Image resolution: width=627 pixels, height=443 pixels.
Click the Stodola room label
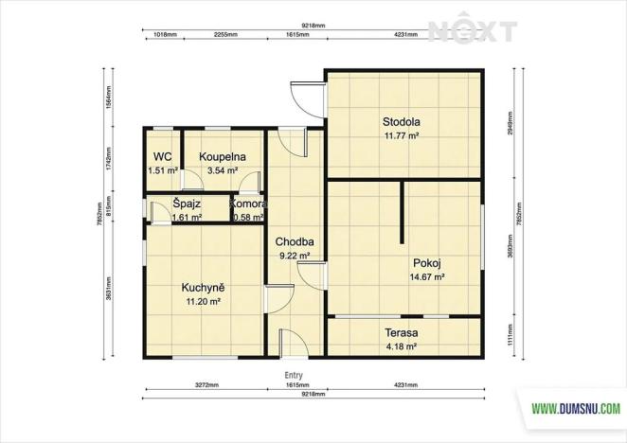click(x=401, y=122)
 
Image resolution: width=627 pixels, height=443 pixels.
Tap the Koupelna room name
click(x=223, y=157)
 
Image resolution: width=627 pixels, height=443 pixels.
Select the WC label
click(x=162, y=157)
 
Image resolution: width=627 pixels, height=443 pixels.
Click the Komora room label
click(x=248, y=204)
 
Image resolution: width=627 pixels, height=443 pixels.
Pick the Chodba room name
click(x=294, y=241)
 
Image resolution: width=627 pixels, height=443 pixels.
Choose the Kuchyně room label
click(x=203, y=287)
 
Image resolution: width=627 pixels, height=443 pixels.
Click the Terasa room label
click(x=402, y=333)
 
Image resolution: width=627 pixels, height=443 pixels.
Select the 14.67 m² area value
click(x=427, y=277)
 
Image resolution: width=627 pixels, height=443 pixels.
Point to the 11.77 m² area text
click(x=401, y=136)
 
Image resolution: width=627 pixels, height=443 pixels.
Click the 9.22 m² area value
click(x=294, y=256)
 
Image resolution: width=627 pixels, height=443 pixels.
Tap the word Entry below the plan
click(x=294, y=375)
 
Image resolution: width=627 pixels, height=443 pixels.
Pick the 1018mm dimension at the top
click(x=165, y=34)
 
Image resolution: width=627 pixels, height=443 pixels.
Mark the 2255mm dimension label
click(x=225, y=34)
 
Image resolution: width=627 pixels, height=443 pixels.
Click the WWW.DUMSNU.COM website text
click(x=575, y=409)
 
